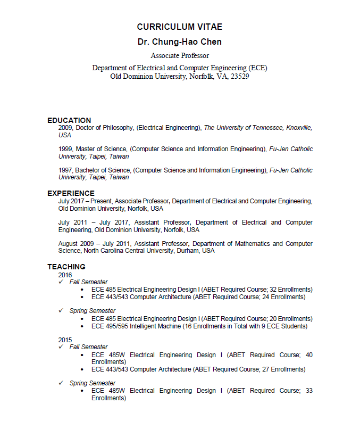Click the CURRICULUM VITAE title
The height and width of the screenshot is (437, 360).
click(180, 27)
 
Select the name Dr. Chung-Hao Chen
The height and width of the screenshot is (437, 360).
click(180, 42)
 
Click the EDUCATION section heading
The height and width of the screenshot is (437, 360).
click(69, 120)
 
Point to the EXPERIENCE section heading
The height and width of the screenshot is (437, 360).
click(71, 193)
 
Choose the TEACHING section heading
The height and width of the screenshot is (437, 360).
click(66, 267)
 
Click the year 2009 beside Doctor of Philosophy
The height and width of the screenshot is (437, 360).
click(65, 128)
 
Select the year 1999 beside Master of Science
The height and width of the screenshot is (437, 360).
click(65, 149)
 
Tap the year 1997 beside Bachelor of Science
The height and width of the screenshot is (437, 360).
click(65, 170)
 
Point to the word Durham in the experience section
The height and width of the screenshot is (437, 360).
click(188, 251)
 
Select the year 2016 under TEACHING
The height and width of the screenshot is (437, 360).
click(65, 275)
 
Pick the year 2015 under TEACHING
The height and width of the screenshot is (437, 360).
click(65, 340)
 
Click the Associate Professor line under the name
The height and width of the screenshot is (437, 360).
click(180, 56)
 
